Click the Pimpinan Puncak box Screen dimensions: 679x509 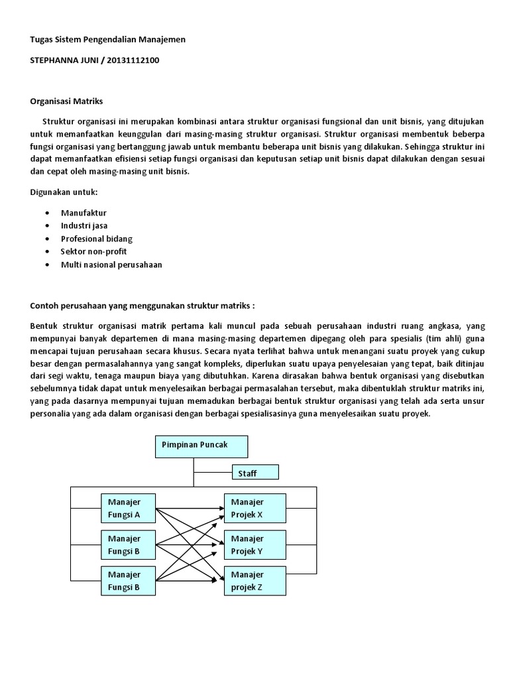[x=201, y=447]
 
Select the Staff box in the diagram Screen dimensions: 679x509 [x=255, y=472]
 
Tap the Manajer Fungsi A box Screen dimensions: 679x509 [x=129, y=508]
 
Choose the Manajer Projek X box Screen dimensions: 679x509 [x=254, y=508]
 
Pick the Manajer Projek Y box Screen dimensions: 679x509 [x=254, y=544]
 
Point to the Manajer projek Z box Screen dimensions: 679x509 [x=254, y=580]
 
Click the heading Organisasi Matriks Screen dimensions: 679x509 [x=67, y=101]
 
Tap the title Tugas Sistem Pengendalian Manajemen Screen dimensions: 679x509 [x=108, y=40]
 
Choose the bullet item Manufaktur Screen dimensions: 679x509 [x=84, y=213]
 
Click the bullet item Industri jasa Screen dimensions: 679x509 [x=84, y=225]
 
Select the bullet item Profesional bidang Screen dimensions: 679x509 [x=97, y=239]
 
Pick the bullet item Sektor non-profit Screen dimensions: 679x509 [x=93, y=251]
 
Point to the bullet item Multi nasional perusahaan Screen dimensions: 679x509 [x=111, y=265]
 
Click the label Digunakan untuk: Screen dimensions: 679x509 [x=64, y=192]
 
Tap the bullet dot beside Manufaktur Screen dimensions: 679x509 [x=48, y=214]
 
